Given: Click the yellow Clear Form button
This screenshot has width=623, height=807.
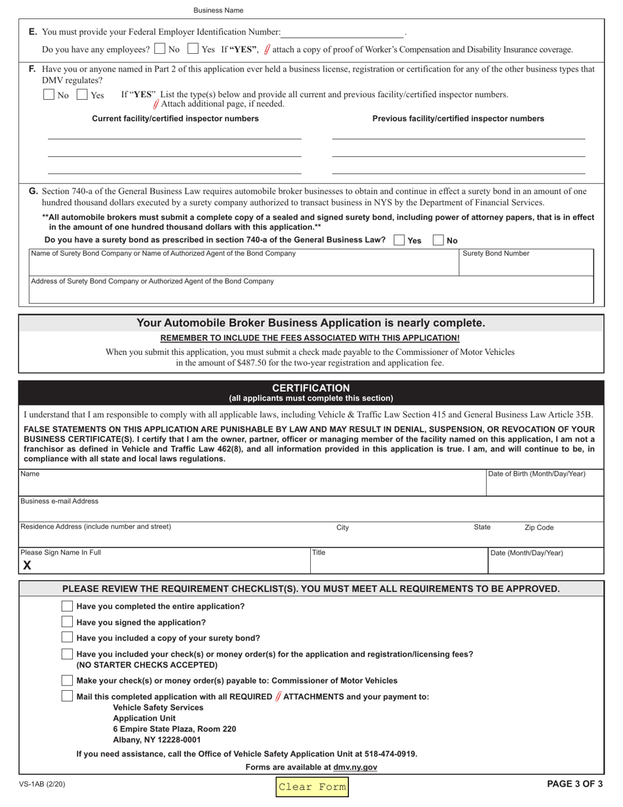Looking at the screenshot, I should click(311, 787).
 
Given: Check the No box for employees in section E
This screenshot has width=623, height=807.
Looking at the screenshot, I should click(160, 49).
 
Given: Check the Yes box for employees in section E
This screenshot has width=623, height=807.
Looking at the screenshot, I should click(193, 49).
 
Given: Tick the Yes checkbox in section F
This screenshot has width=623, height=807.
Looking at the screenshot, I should click(83, 94).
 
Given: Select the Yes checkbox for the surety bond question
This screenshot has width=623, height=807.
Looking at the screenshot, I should click(399, 240).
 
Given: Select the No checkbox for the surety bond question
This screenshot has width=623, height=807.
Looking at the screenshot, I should click(438, 240).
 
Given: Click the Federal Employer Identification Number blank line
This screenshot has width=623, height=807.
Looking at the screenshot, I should click(343, 33).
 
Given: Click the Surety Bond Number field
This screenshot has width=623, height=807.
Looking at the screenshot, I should click(527, 266).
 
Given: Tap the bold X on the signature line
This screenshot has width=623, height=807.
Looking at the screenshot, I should click(27, 566).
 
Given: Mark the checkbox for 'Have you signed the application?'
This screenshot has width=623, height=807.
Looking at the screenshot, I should click(67, 622).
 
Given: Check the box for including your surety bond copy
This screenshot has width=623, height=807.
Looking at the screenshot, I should click(67, 638).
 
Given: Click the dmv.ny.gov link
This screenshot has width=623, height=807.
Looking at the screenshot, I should click(355, 767).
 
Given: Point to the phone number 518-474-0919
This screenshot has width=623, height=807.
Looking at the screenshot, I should click(392, 754).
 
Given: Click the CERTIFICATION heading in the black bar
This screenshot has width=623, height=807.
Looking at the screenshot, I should click(311, 388).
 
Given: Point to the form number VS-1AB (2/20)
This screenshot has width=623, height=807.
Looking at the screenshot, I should click(42, 784).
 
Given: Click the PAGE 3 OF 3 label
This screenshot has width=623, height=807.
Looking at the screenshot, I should click(574, 783).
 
